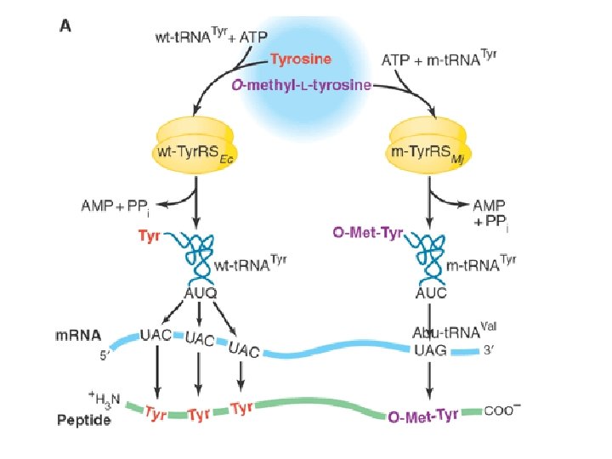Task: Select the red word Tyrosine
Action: click(301, 59)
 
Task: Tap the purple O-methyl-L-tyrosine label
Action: click(302, 84)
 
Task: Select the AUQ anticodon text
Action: click(201, 292)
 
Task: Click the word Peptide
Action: click(83, 420)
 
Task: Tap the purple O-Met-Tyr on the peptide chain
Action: click(423, 416)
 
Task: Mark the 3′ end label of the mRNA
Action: click(488, 350)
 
